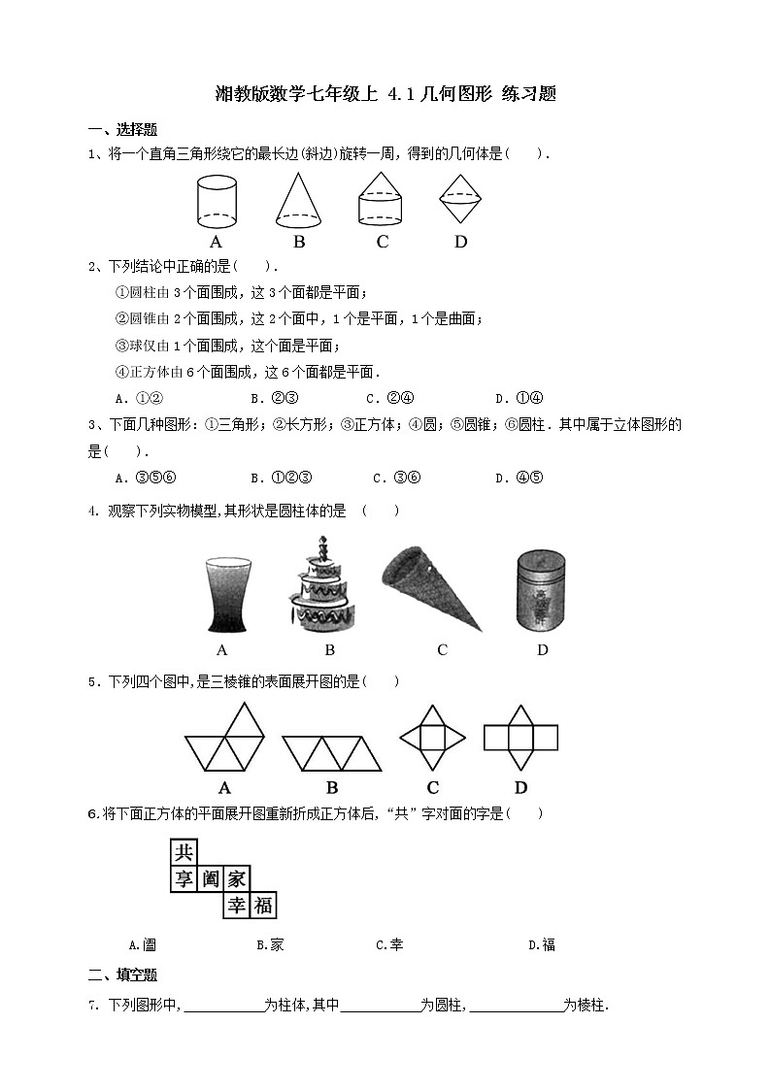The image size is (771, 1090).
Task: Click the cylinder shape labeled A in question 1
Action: click(x=217, y=201)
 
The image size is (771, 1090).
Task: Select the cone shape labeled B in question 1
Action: click(x=299, y=201)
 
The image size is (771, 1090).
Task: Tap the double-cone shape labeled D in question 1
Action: click(x=460, y=201)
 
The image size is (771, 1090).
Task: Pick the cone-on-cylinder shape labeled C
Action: click(x=382, y=201)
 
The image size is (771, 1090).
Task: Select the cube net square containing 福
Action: click(x=262, y=906)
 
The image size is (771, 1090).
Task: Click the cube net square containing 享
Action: click(x=183, y=879)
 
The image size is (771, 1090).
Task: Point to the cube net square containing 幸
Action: click(x=236, y=906)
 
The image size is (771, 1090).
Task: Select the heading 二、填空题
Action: click(x=122, y=974)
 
